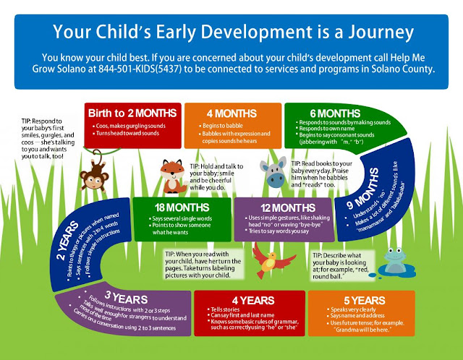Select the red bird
pyautogui.click(x=267, y=256)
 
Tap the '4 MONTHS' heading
pyautogui.click(x=227, y=113)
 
